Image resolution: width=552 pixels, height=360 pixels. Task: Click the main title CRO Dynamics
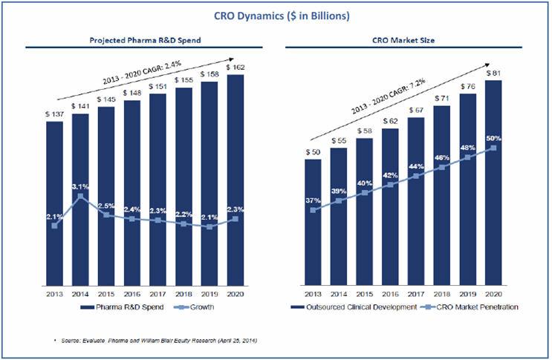pyautogui.click(x=276, y=16)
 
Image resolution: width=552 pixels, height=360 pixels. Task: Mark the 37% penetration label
pyautogui.click(x=314, y=200)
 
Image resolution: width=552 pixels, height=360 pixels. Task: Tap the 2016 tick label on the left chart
pyautogui.click(x=131, y=293)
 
